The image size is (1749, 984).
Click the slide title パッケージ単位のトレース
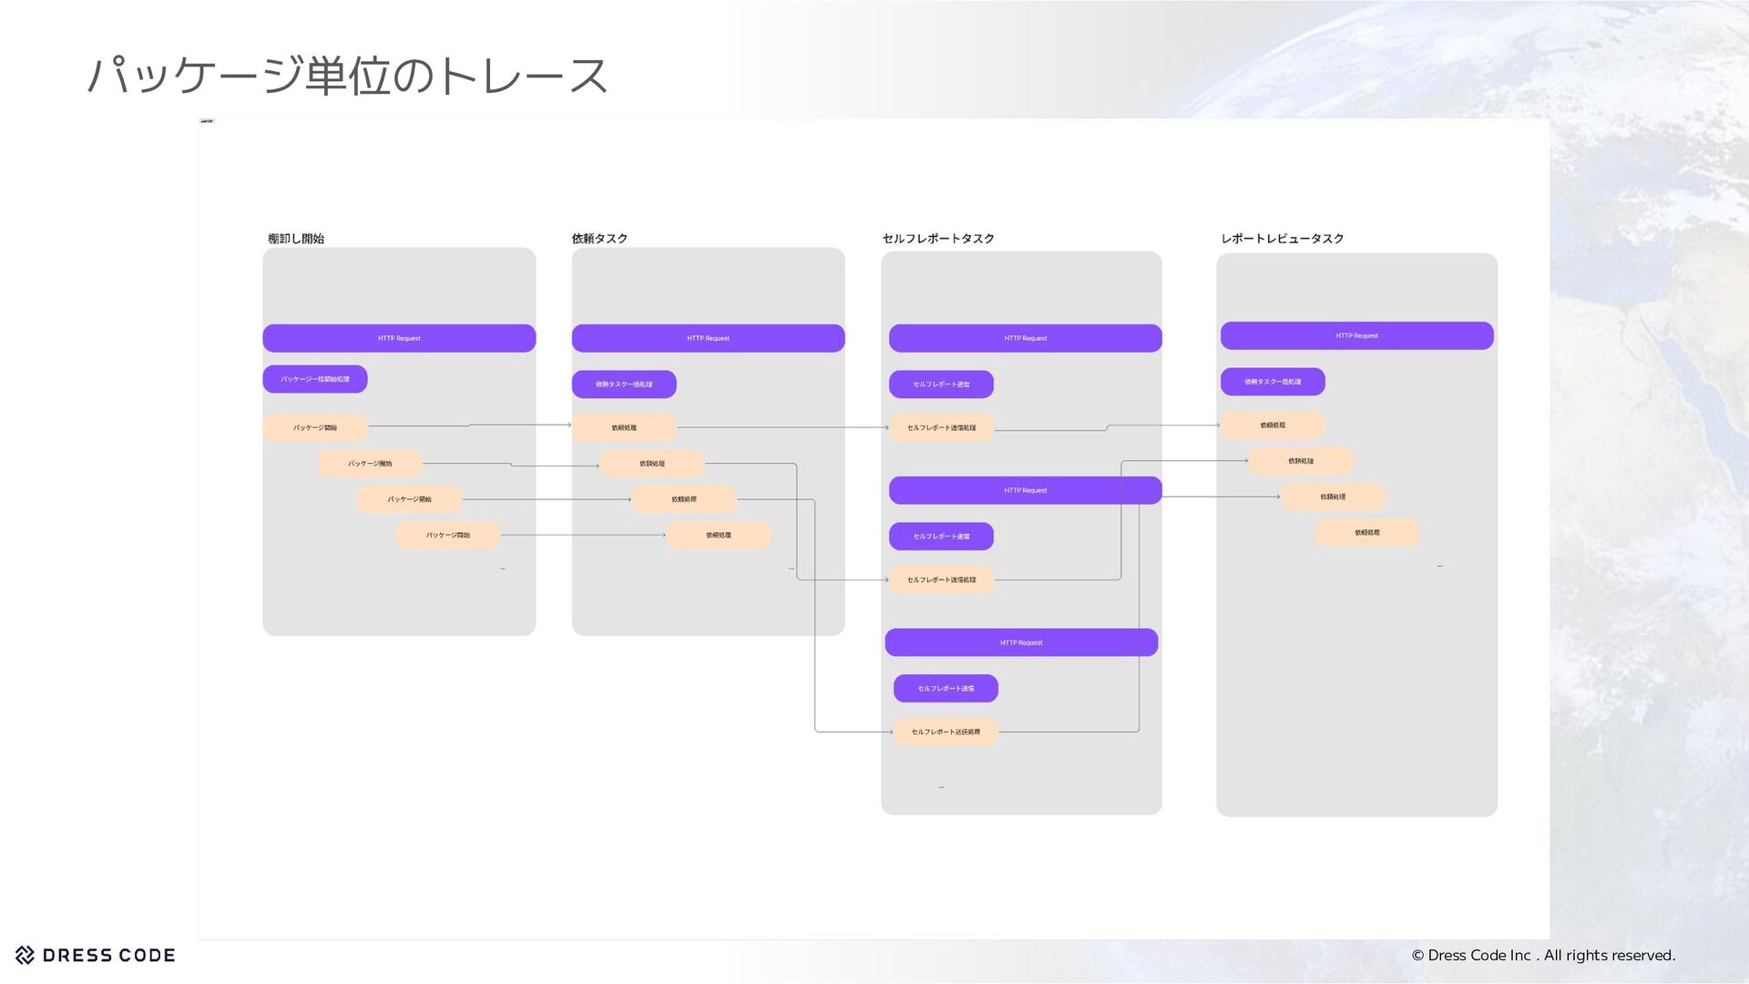[x=346, y=75]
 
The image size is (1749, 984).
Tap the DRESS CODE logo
[x=96, y=955]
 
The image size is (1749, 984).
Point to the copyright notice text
[x=1543, y=955]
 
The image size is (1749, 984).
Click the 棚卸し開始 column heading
[x=296, y=239]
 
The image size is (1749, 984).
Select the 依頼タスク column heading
[x=599, y=239]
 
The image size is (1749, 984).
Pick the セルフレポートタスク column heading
[x=938, y=239]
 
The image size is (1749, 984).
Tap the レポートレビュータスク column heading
[x=1282, y=239]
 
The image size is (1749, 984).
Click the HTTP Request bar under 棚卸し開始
[x=399, y=338]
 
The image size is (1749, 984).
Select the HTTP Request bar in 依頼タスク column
[x=708, y=338]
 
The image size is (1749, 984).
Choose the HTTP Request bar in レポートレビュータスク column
[x=1356, y=335]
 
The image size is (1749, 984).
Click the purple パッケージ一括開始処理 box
[x=315, y=379]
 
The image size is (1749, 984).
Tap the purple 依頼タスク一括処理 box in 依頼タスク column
[x=624, y=384]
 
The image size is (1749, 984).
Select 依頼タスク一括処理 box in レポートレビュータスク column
[x=1273, y=382]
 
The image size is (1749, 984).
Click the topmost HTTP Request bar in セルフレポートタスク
[x=1025, y=338]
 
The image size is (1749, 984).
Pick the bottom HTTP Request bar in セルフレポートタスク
[x=1021, y=642]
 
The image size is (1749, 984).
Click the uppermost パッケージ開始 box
[x=315, y=427]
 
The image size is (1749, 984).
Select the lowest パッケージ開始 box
[x=448, y=535]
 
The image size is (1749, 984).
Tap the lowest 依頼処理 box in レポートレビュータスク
[x=1366, y=532]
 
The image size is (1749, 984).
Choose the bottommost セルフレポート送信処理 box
[x=946, y=732]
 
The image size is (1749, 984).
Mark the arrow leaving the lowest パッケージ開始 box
[x=583, y=535]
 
